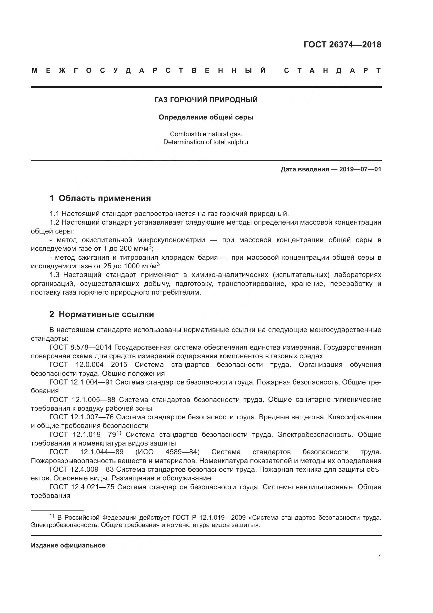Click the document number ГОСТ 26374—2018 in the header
(342, 45)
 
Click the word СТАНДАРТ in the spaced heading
(332, 71)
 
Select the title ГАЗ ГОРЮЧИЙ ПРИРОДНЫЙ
(206, 100)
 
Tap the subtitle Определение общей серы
(206, 117)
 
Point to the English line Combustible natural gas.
(206, 134)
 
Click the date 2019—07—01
(360, 169)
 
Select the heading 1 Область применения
(100, 198)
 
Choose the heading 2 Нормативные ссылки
(102, 314)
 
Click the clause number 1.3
(54, 275)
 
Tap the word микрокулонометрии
(171, 240)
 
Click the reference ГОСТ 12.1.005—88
(82, 400)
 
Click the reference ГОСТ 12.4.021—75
(82, 487)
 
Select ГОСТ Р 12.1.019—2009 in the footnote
(209, 517)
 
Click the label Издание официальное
(68, 545)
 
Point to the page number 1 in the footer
(379, 557)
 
